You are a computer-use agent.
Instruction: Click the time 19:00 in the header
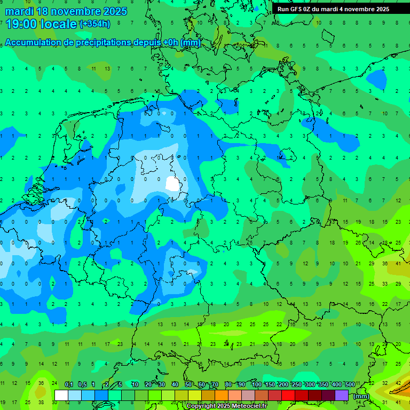point(22,23)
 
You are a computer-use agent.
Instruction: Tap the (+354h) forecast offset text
point(94,23)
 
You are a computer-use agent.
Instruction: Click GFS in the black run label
point(296,9)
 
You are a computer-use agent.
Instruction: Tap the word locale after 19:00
point(59,23)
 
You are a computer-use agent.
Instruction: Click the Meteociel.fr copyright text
point(226,406)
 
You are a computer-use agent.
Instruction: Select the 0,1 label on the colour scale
point(69,385)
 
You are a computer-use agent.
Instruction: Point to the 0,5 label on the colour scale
point(82,385)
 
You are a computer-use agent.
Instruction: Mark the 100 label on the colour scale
point(256,385)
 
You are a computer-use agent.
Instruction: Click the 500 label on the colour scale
point(350,385)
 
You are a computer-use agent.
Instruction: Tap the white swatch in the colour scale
point(61,395)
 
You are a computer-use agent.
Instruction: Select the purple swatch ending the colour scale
point(342,395)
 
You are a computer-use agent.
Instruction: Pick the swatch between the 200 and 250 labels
point(289,395)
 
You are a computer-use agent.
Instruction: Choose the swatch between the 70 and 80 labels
point(222,395)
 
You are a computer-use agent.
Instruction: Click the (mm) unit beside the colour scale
point(361,396)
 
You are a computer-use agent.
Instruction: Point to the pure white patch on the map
point(172,184)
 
